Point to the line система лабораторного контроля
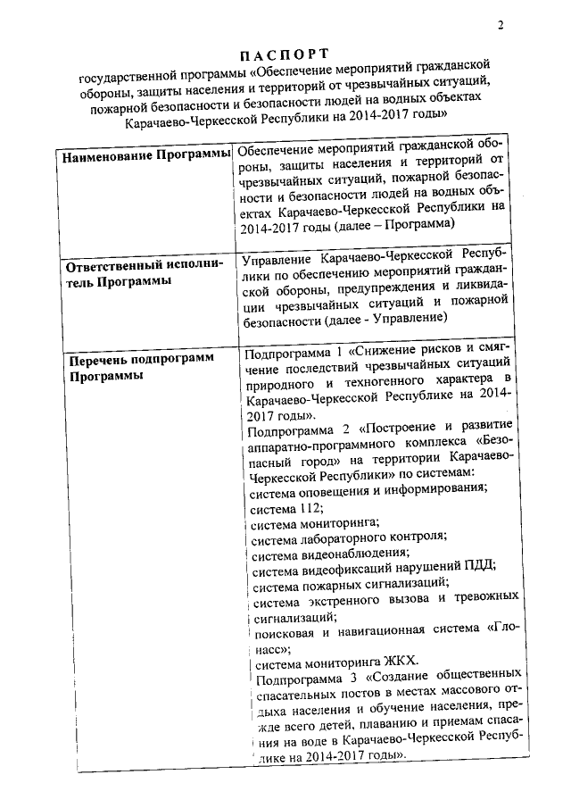point(348,537)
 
